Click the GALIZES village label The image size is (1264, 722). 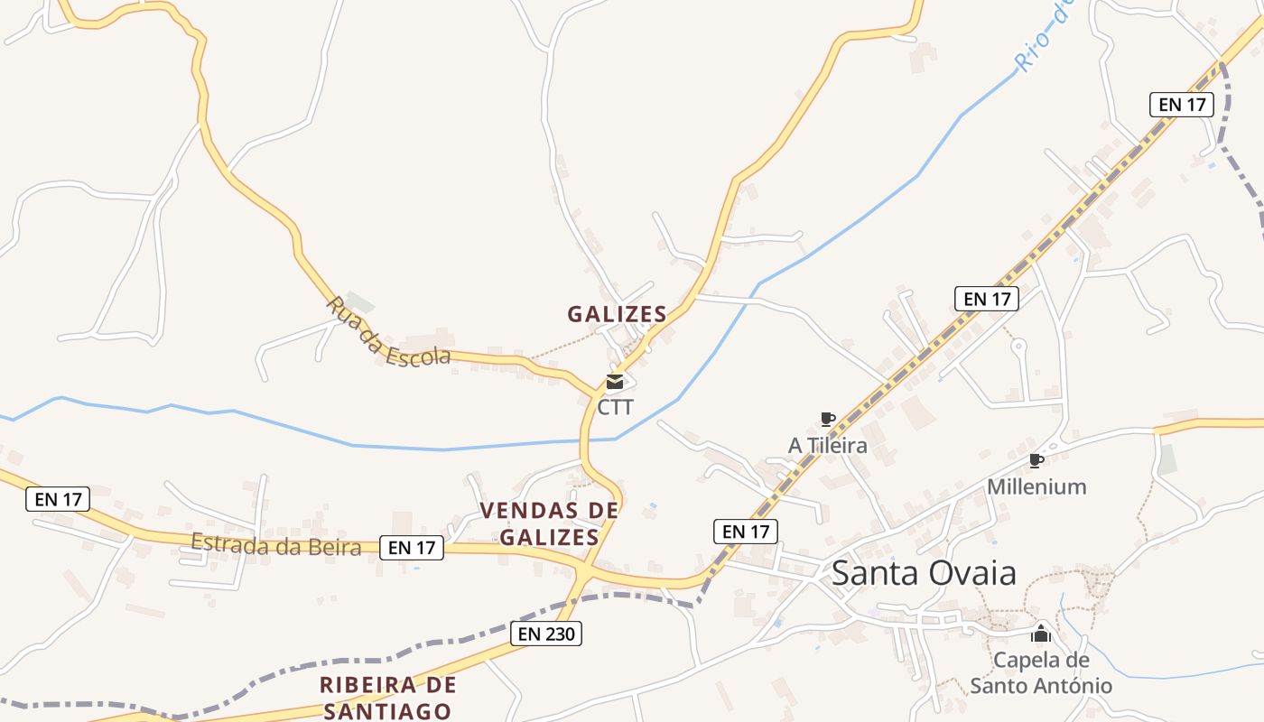coord(617,314)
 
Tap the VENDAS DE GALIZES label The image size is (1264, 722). coord(549,523)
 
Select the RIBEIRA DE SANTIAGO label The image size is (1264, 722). coord(387,698)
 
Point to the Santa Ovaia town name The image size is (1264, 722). coord(924,572)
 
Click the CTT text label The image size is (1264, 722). coord(616,407)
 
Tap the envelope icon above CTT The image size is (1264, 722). coord(615,382)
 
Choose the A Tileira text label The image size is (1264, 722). coord(827,445)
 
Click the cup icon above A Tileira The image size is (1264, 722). coord(827,418)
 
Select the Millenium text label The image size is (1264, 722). coord(1036,486)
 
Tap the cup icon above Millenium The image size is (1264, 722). coord(1036,461)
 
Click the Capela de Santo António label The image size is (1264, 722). coord(1041,672)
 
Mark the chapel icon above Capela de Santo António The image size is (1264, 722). coord(1041,633)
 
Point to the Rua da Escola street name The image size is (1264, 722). coord(387,332)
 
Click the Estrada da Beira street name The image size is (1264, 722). coord(275,545)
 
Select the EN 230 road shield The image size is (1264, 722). coord(545,634)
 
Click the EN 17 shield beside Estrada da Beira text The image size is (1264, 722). coord(412,547)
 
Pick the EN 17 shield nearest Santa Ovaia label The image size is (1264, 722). coord(746,532)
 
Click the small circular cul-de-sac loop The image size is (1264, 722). coord(1018,345)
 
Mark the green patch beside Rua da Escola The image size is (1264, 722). coord(359,301)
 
